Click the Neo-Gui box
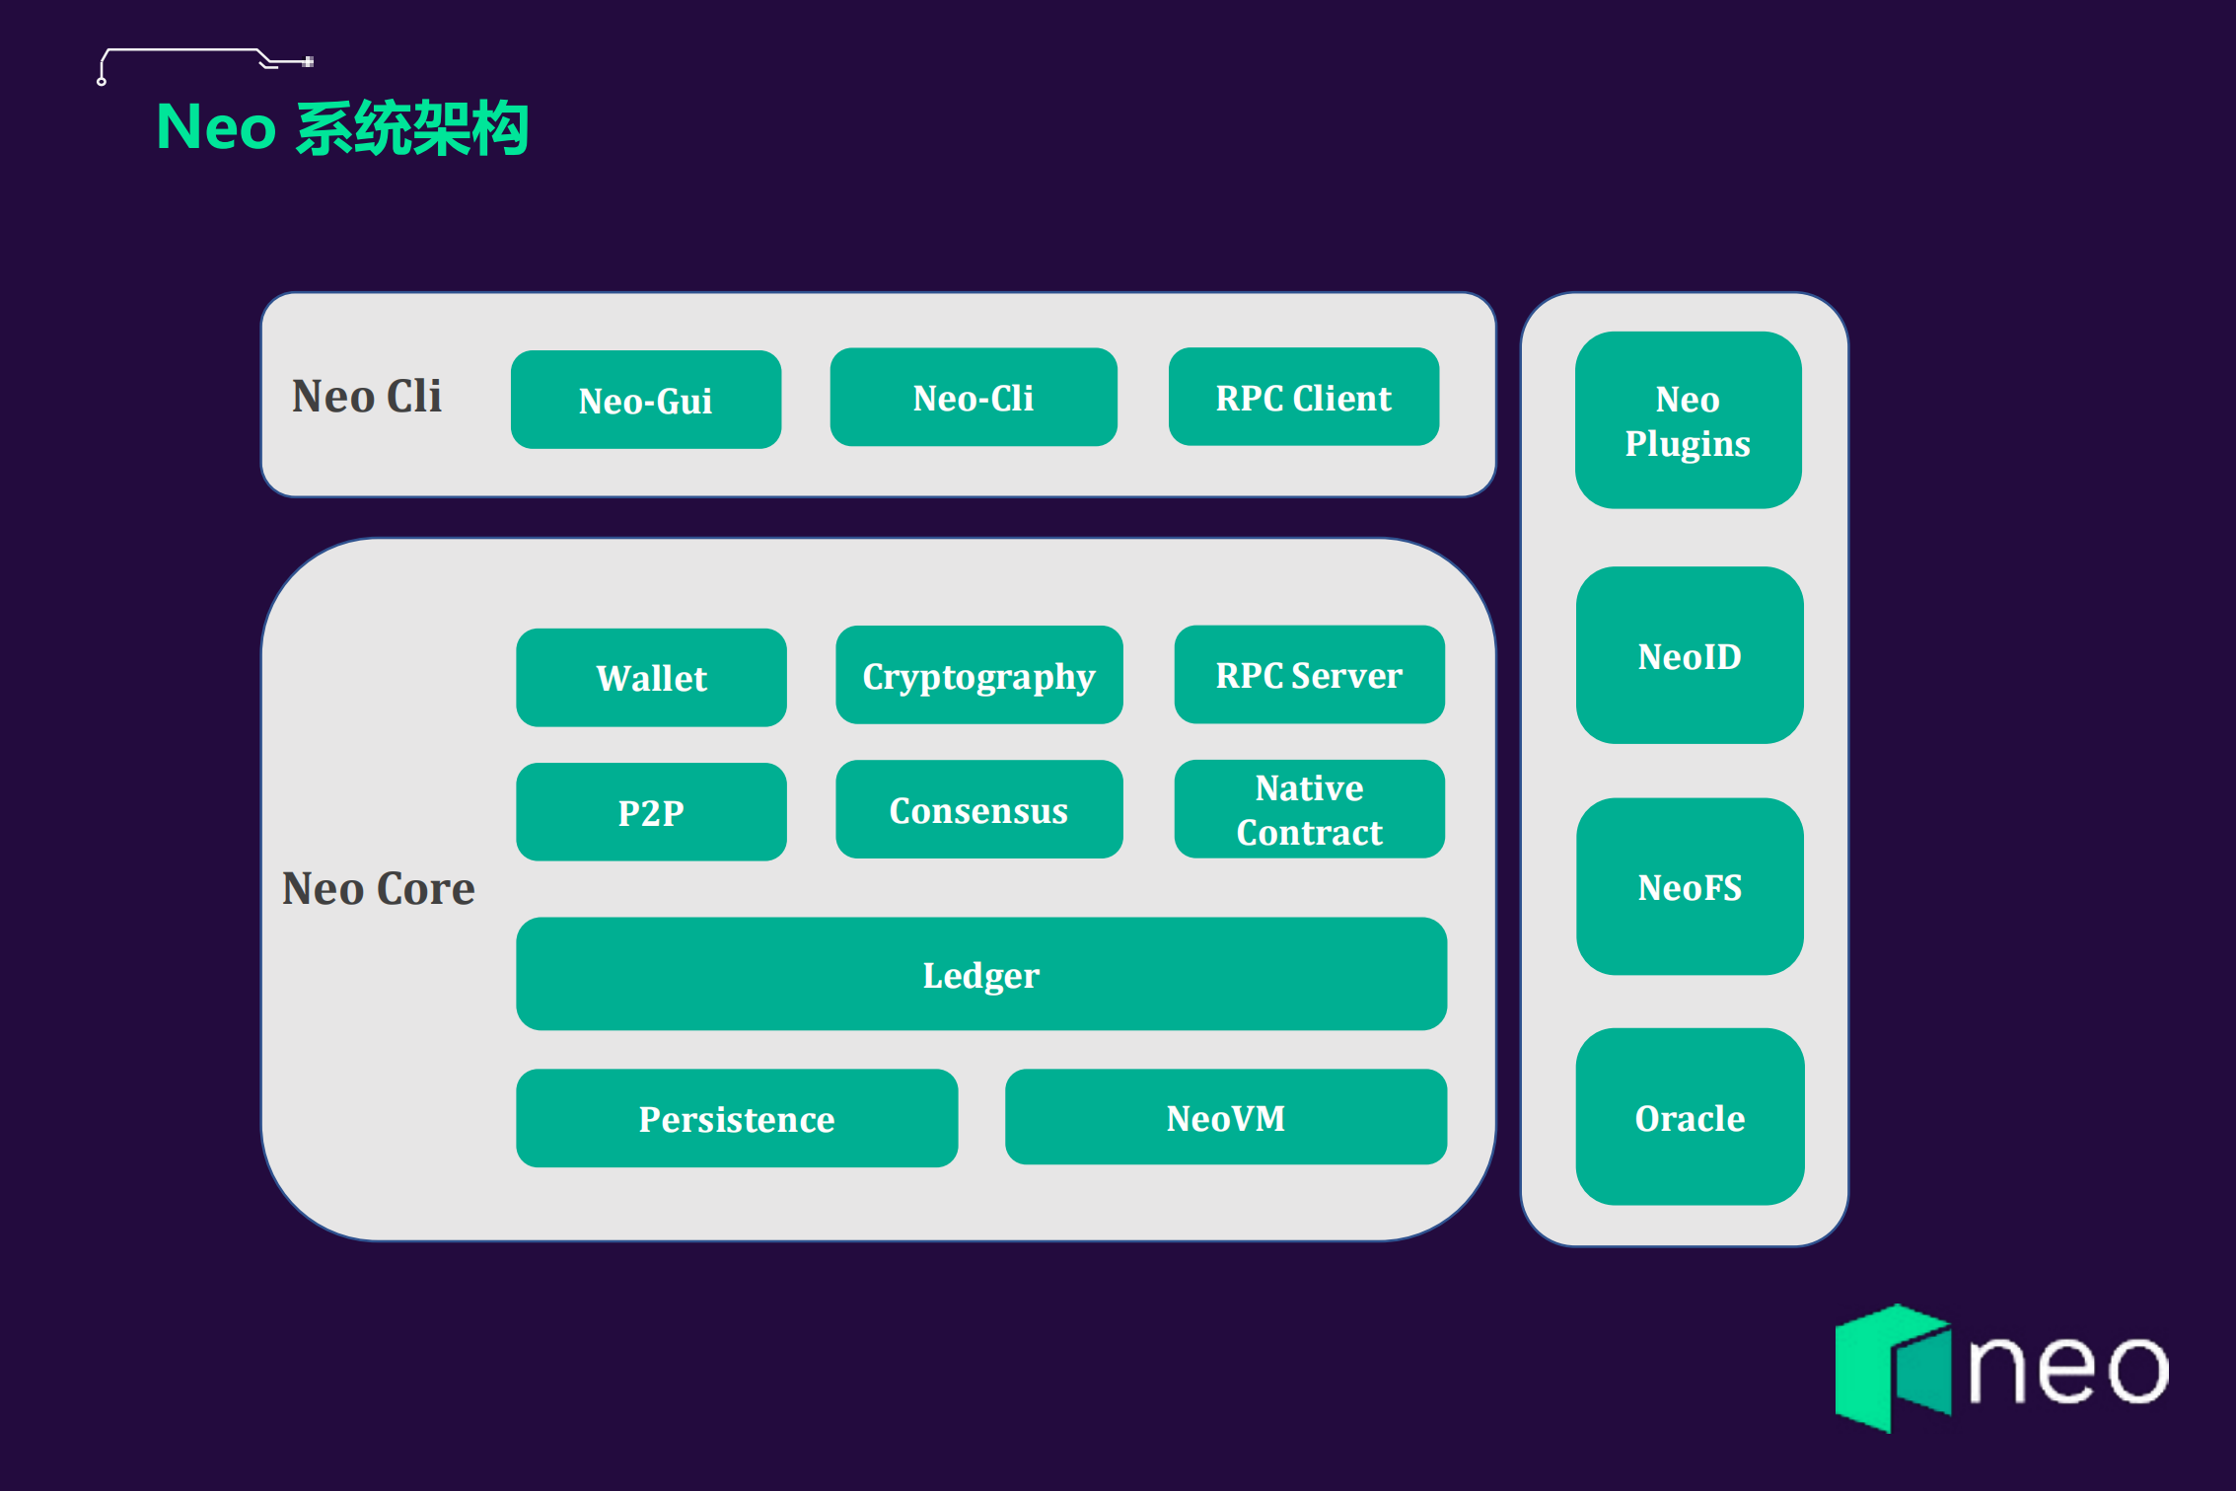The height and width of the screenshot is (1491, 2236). (646, 400)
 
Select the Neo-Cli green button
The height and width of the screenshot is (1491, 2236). (974, 398)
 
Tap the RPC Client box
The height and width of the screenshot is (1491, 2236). (1303, 398)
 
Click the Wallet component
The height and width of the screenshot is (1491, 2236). (651, 678)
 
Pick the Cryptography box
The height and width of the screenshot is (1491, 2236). (978, 676)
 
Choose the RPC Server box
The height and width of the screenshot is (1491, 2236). (1309, 675)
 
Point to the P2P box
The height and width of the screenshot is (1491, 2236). (651, 812)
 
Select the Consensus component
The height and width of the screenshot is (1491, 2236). (978, 810)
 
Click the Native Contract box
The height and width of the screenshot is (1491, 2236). (1309, 810)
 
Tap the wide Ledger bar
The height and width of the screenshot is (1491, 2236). (981, 975)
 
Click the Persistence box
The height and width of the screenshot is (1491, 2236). (737, 1119)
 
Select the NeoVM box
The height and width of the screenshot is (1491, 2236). (1226, 1118)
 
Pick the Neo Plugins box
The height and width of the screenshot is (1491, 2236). (1688, 420)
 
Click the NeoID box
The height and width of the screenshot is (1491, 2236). (1690, 656)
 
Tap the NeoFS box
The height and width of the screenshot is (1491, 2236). (1690, 887)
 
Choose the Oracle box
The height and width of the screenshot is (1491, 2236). (1690, 1118)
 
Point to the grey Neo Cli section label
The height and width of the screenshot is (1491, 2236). (367, 397)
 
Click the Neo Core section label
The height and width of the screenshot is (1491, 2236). (379, 888)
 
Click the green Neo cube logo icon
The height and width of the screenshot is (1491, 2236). (1892, 1368)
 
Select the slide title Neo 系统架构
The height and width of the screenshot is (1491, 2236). (342, 127)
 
